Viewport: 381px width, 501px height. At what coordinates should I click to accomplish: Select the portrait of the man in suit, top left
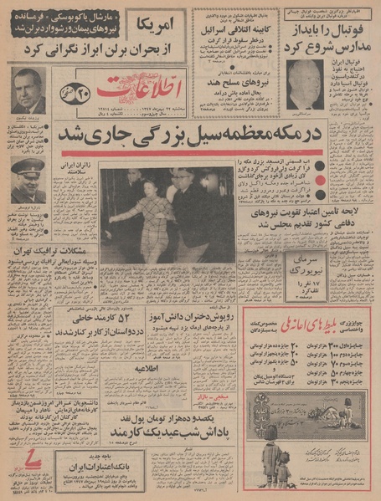tap(28, 90)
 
